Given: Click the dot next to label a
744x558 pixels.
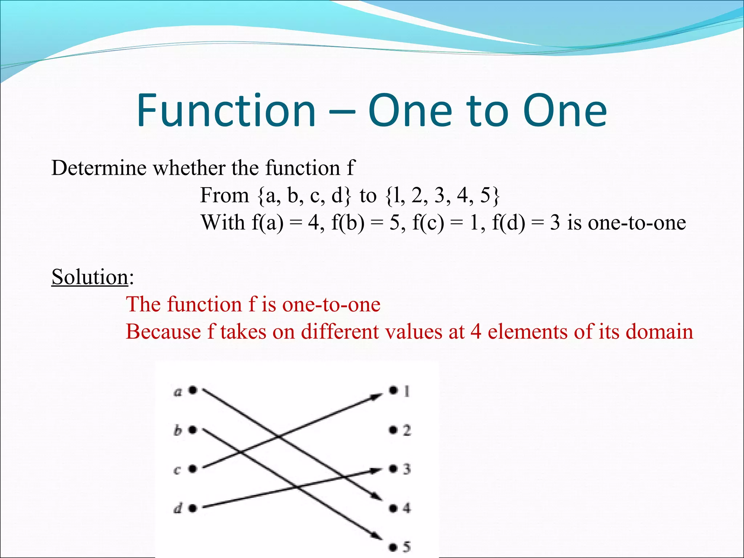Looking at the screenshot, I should pyautogui.click(x=193, y=390).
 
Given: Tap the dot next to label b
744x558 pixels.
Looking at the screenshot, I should pyautogui.click(x=193, y=430).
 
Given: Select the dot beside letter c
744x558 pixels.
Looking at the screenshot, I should pyautogui.click(x=193, y=469).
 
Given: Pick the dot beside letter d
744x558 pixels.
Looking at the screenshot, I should pyautogui.click(x=193, y=508).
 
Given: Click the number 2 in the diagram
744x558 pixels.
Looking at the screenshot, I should pyautogui.click(x=407, y=430).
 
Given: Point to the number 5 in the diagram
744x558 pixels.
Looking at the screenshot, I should pyautogui.click(x=407, y=547).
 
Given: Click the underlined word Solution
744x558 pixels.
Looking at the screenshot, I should pyautogui.click(x=90, y=277).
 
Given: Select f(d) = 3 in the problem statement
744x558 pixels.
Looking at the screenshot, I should pyautogui.click(x=526, y=223).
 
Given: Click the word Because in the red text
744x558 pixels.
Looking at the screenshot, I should pyautogui.click(x=163, y=332).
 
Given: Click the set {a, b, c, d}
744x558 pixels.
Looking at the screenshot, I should pyautogui.click(x=304, y=195).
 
